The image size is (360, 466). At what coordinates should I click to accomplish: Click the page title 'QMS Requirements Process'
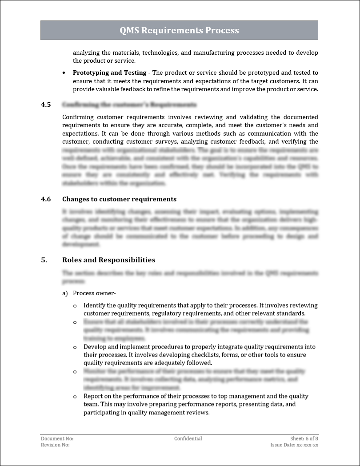tap(179, 30)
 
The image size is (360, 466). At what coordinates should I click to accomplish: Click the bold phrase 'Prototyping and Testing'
tap(109, 72)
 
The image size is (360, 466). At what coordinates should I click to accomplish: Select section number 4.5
tap(46, 105)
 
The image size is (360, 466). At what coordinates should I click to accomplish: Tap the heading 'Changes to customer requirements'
tap(119, 199)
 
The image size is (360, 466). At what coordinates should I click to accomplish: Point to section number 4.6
tap(46, 199)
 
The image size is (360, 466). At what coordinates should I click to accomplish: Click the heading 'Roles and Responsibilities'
tap(108, 260)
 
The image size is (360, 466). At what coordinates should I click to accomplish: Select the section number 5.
tap(44, 260)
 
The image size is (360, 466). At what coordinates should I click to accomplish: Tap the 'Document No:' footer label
tap(57, 438)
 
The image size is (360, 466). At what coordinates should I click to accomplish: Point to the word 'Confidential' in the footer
tap(188, 438)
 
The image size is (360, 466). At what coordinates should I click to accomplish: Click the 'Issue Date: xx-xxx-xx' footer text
tap(294, 445)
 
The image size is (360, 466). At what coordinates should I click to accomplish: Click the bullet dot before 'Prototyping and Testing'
tap(64, 72)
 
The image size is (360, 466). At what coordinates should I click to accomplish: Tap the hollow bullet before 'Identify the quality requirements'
tap(75, 306)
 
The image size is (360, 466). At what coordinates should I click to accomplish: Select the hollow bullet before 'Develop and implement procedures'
tap(75, 347)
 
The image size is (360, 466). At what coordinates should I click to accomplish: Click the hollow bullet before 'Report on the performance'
tap(75, 396)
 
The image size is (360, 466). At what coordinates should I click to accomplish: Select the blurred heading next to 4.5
tap(129, 105)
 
